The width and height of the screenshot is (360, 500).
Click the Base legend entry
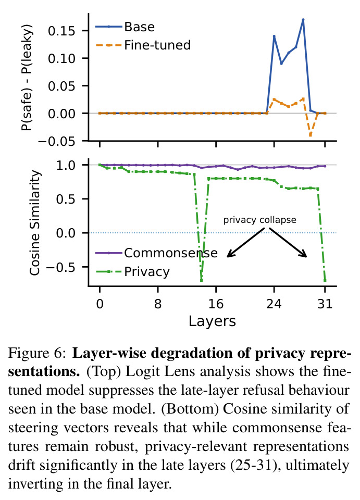[125, 27]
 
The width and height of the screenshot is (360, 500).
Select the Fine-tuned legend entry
[143, 45]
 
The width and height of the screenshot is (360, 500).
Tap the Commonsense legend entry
[156, 253]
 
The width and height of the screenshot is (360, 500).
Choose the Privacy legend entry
[133, 272]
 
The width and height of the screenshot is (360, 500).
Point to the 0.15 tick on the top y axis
[61, 31]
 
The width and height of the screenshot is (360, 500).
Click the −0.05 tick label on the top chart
[57, 141]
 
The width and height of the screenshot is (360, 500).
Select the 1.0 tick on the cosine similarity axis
[66, 165]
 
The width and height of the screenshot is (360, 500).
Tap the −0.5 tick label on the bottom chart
[61, 267]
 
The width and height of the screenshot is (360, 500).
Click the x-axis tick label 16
[216, 304]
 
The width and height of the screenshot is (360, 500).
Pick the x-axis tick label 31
[325, 304]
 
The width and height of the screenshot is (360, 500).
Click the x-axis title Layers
[212, 321]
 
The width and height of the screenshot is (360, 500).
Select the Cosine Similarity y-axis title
[35, 222]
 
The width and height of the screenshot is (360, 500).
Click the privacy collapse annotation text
[259, 220]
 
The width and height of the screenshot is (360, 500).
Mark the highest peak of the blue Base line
[303, 20]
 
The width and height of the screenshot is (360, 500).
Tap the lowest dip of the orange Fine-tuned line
[311, 135]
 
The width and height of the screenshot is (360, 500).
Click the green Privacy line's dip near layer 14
[201, 281]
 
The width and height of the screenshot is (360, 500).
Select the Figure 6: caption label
[37, 353]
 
